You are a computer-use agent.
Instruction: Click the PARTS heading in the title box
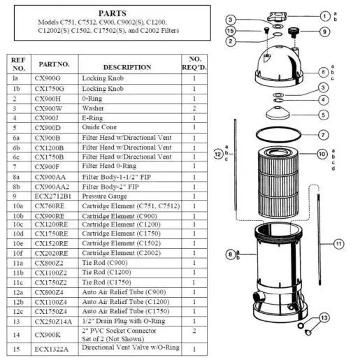tap(113, 13)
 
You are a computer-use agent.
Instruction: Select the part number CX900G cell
tap(48, 78)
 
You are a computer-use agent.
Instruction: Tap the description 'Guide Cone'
tap(99, 127)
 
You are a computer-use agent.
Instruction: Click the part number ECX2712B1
tap(53, 196)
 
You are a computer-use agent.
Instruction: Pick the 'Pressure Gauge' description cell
tap(104, 196)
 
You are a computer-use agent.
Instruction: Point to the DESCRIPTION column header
tap(127, 67)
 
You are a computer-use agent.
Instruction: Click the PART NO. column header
tap(55, 64)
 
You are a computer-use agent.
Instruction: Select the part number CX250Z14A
tap(53, 322)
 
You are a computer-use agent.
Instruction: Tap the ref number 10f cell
tap(17, 253)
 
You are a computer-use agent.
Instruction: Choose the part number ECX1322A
tap(52, 349)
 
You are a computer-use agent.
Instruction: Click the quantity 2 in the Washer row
tap(194, 108)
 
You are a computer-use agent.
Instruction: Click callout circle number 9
tap(324, 31)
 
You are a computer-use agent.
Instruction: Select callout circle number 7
tap(323, 135)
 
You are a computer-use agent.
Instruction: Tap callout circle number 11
tap(339, 244)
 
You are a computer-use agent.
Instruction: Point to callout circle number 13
tap(324, 318)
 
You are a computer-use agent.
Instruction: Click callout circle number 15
tap(231, 31)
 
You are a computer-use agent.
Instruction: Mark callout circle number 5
tap(324, 115)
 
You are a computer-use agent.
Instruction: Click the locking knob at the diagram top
tap(277, 17)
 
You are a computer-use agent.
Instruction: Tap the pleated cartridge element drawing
tap(278, 182)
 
